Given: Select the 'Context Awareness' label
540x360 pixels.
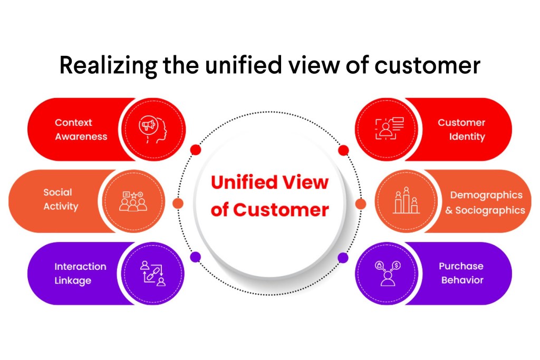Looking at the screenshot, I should (81, 129).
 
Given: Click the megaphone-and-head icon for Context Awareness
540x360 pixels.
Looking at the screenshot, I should (153, 129).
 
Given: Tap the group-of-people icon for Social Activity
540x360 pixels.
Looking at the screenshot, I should (133, 201).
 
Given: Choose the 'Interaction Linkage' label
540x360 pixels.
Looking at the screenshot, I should (80, 274).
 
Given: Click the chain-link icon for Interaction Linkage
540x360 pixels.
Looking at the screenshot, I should (153, 274).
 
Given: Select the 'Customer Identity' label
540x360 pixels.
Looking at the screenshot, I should (461, 129).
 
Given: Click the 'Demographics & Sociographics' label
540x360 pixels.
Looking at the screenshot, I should (487, 202).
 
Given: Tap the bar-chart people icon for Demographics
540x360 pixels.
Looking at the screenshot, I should (406, 201).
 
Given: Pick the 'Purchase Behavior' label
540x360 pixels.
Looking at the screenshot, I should (461, 273).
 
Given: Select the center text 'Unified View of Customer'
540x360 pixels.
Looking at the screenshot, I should (269, 196).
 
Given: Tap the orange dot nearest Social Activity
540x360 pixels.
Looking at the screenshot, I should (178, 203).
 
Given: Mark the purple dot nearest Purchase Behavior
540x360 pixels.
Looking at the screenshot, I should (343, 257).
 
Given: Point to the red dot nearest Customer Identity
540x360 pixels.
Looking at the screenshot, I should (343, 150).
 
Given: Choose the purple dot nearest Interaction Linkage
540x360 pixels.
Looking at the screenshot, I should (196, 257).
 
